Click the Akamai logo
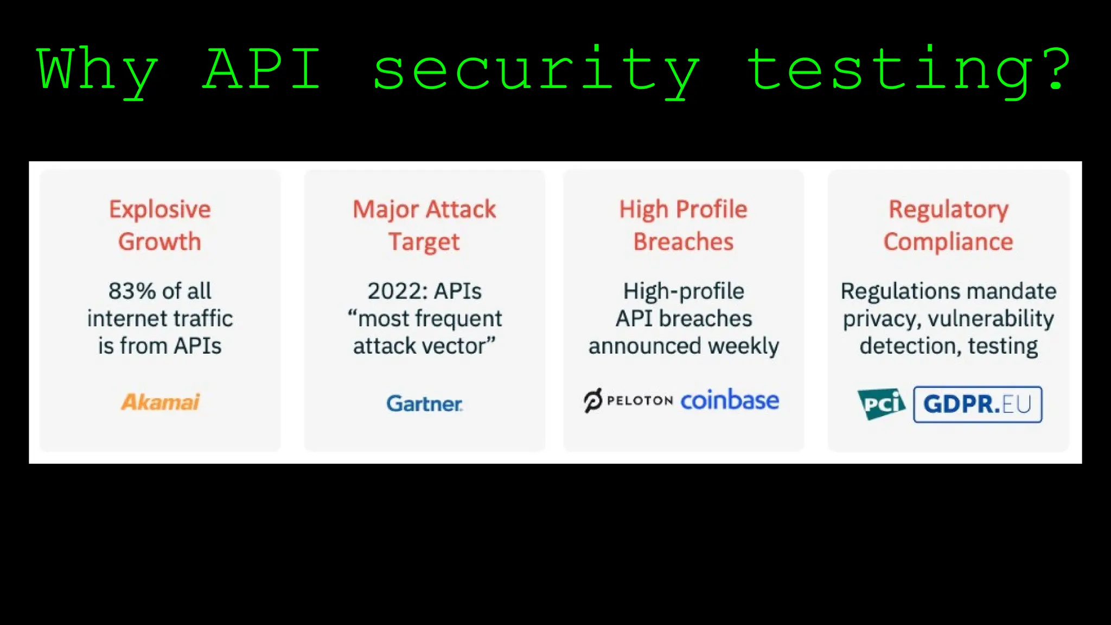point(160,402)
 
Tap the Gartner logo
point(424,404)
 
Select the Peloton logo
point(628,401)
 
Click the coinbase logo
point(730,400)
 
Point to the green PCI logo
point(882,404)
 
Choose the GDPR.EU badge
point(978,404)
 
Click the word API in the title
point(262,69)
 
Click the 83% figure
point(132,291)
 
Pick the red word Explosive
point(160,209)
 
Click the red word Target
point(424,242)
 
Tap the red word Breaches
point(684,242)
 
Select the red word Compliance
point(948,242)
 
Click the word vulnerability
point(991,319)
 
